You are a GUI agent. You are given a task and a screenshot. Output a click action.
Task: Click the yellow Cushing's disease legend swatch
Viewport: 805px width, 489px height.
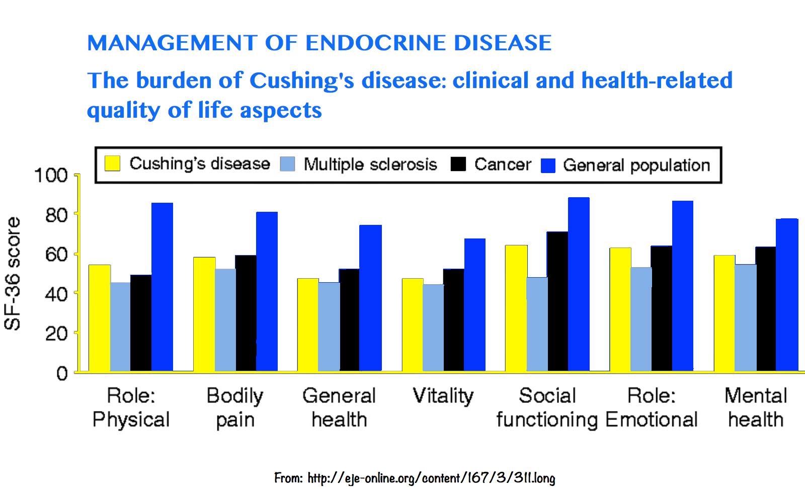point(113,164)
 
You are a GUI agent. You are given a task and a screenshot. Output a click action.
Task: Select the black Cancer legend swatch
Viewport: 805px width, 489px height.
point(458,164)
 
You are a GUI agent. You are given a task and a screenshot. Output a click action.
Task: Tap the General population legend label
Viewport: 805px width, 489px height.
point(636,165)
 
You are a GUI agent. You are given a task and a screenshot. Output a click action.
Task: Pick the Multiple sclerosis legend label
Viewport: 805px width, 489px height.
point(370,164)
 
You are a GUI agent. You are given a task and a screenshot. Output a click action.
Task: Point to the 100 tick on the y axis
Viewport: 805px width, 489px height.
point(50,176)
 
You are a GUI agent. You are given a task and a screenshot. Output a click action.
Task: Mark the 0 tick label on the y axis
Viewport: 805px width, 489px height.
point(62,374)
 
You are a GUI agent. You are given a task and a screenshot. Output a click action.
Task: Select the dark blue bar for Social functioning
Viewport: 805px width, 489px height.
point(579,284)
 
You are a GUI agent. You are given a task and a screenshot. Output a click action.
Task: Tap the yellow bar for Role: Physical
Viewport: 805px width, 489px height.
point(100,318)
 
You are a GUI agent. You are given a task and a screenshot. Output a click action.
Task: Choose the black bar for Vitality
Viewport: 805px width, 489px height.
point(454,320)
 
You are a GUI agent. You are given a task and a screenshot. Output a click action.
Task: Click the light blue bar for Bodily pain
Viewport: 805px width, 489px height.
point(225,320)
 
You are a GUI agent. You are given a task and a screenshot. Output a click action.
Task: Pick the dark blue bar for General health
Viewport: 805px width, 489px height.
point(370,298)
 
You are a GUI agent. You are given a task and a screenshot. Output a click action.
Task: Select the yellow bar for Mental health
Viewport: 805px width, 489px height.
point(725,313)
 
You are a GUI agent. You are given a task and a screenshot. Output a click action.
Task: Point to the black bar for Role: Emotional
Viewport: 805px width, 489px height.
point(662,308)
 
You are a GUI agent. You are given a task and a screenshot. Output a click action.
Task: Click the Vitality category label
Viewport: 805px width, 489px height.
point(443,396)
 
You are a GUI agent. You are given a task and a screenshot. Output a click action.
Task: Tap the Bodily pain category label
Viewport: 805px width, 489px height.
point(234,407)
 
